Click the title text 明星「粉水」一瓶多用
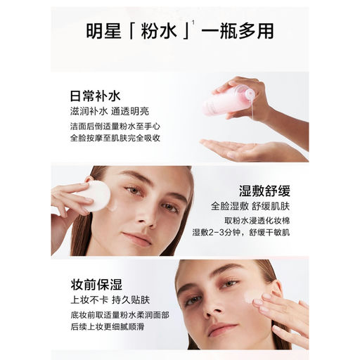[180, 31]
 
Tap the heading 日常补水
[96, 96]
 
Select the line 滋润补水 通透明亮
[110, 111]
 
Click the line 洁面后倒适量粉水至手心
[115, 127]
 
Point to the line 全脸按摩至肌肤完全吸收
[115, 138]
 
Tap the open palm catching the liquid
[246, 150]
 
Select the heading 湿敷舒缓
[264, 191]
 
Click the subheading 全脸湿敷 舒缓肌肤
[250, 206]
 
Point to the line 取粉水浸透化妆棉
[257, 221]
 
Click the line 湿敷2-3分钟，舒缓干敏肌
[241, 232]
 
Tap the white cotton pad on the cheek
[96, 195]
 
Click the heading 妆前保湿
[96, 285]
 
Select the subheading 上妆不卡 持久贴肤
[110, 300]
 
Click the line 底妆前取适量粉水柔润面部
[120, 315]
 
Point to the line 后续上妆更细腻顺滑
[108, 327]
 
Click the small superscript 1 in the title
[193, 22]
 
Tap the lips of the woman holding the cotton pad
[138, 238]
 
